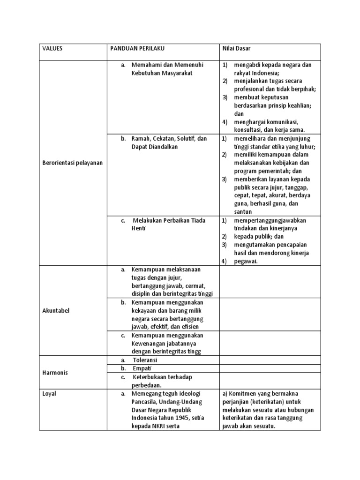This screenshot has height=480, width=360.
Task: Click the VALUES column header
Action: pos(52,48)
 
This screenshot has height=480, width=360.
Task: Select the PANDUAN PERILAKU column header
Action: pos(137,48)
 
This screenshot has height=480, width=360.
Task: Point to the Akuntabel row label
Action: pos(56,310)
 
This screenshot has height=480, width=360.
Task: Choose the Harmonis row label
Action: pos(55,373)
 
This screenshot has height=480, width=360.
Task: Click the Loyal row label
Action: pos(49,394)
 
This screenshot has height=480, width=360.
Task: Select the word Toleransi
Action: pos(145,360)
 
